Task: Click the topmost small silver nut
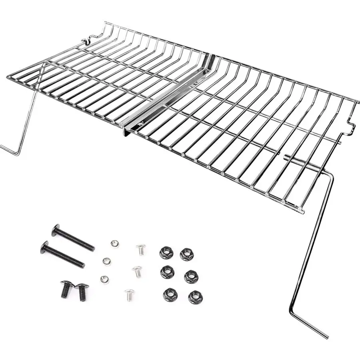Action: point(114,243)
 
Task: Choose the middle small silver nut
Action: point(106,261)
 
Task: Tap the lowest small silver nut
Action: point(105,279)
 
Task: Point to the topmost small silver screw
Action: point(140,249)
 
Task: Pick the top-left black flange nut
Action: point(166,252)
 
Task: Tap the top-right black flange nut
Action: point(186,254)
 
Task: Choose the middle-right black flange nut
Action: point(191,276)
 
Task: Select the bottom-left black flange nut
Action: point(170,295)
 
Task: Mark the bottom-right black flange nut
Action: point(195,297)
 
